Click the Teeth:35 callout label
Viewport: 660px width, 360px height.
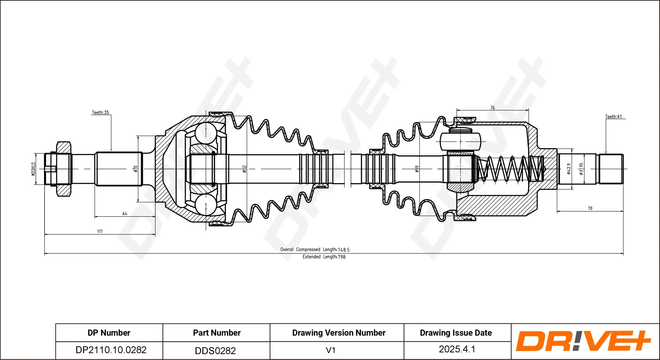[100, 113]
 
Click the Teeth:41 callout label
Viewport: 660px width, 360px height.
[613, 116]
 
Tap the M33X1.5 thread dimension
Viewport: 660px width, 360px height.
[33, 169]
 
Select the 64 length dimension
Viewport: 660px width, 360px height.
[125, 213]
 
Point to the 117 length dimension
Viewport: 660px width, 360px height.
[100, 231]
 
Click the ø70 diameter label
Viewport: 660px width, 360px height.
[135, 169]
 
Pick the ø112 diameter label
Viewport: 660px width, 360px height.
[244, 169]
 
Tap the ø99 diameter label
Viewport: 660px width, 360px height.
[417, 169]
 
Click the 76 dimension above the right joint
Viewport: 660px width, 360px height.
[493, 108]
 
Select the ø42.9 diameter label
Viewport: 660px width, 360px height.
[569, 169]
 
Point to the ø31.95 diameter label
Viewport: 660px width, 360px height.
[581, 169]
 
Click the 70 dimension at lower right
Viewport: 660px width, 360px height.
[590, 208]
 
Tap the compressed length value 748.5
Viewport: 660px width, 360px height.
[343, 250]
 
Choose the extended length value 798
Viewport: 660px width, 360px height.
[341, 257]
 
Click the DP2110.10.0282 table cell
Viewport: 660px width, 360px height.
[111, 350]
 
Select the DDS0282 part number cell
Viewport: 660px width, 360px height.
[215, 351]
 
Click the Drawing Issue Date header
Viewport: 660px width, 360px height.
[456, 333]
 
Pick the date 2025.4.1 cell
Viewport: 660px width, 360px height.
[457, 349]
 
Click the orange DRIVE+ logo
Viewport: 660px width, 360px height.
[584, 341]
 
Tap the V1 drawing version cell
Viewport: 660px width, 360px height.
[331, 350]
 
